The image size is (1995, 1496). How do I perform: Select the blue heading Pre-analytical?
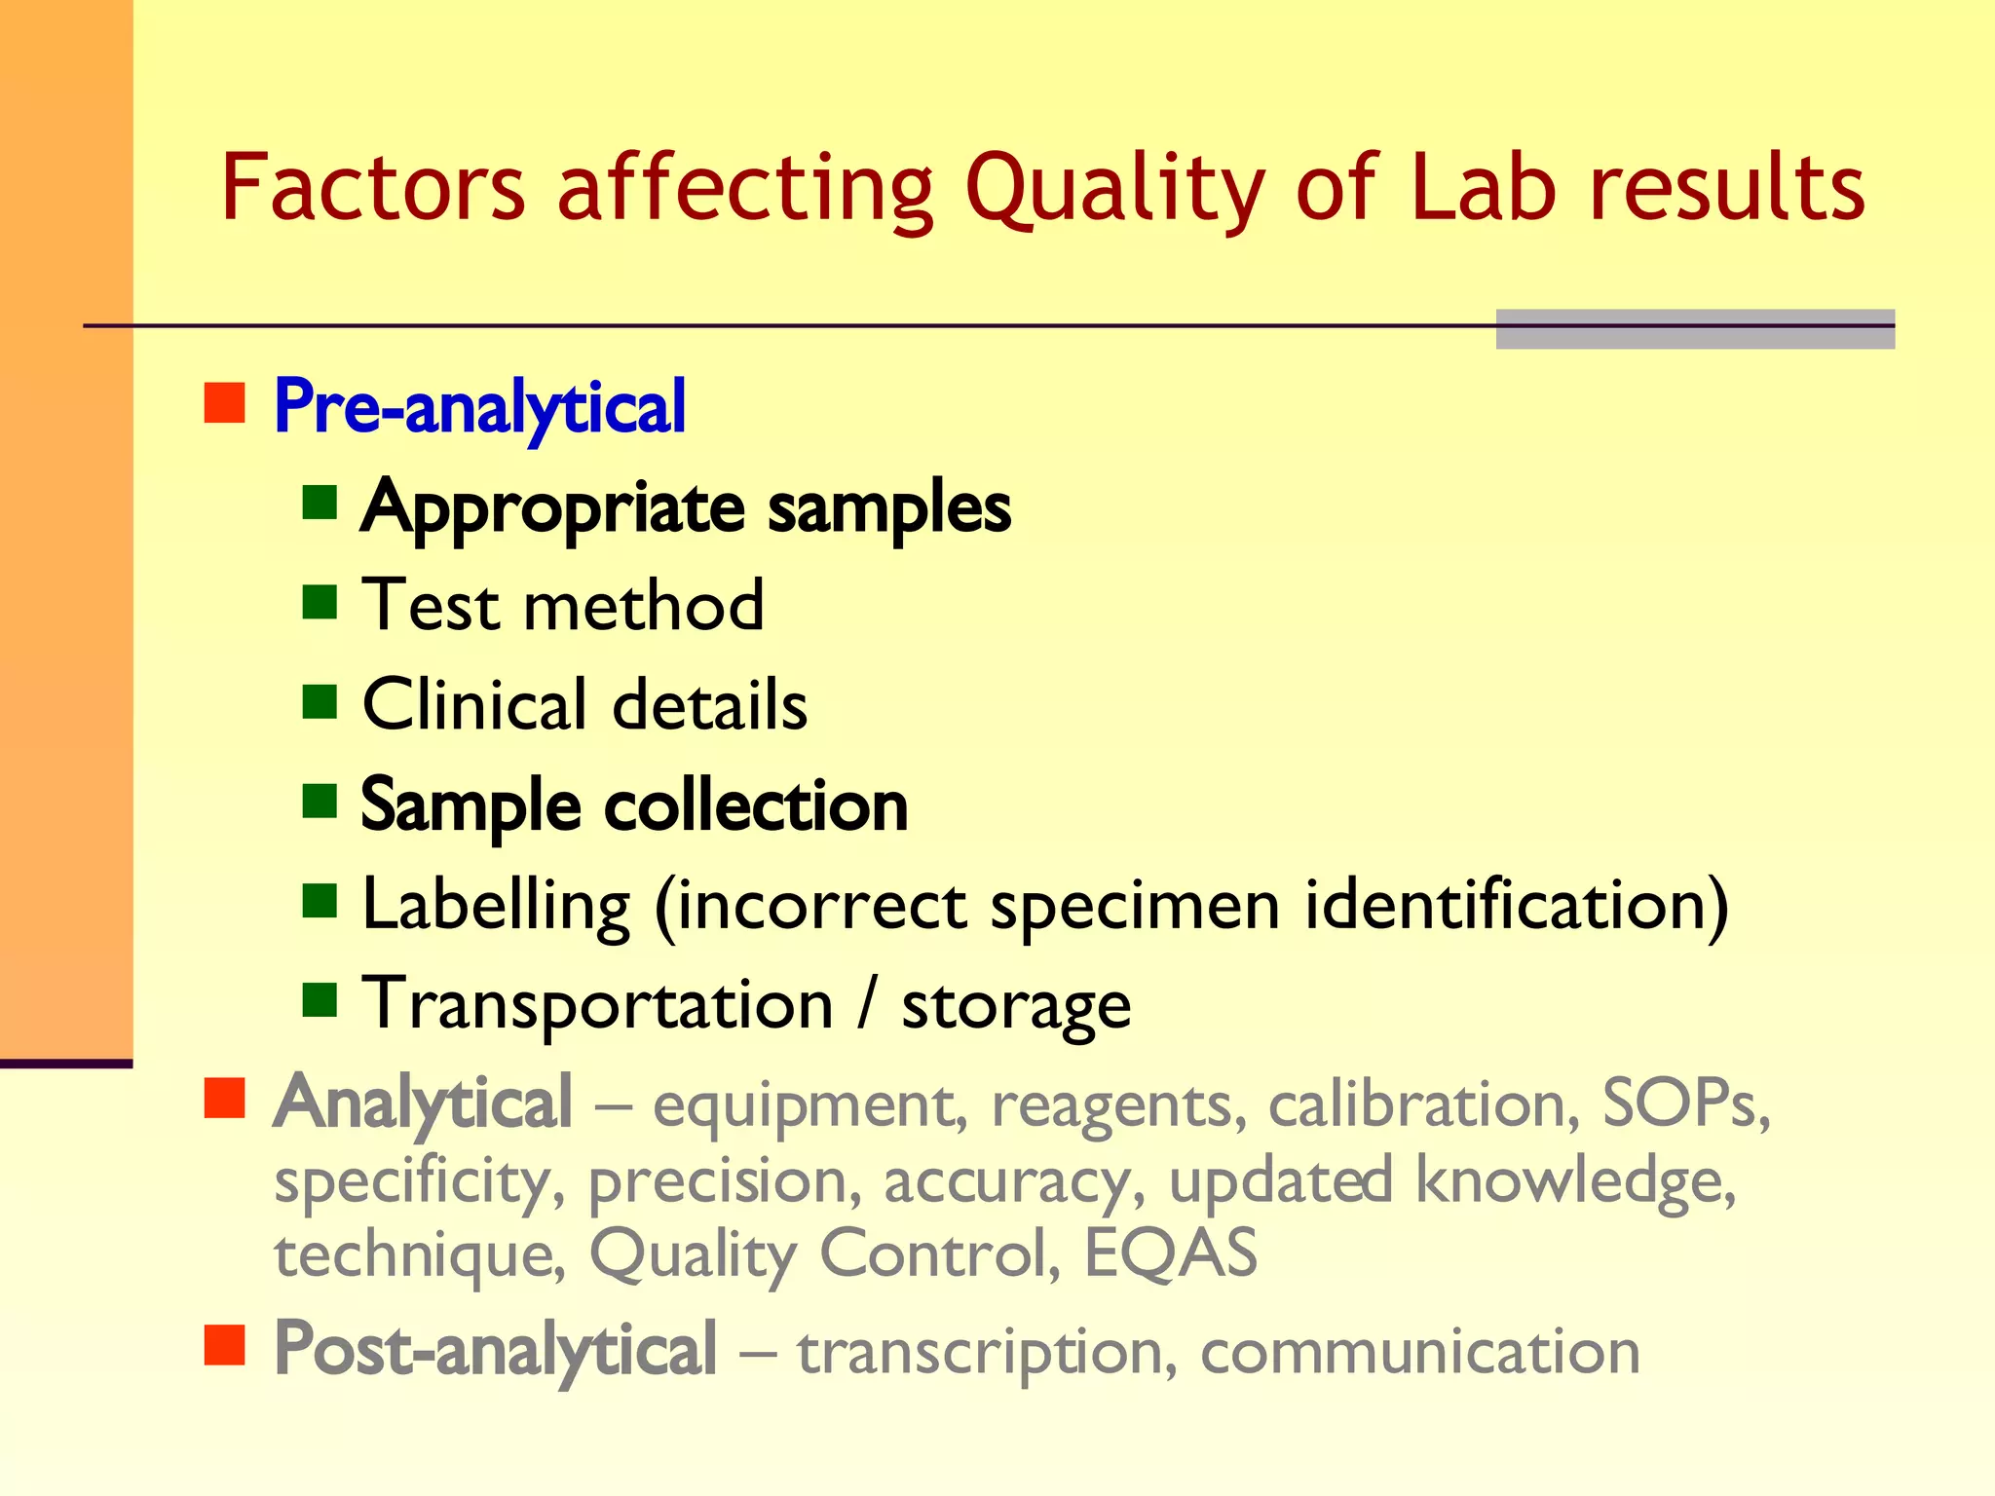(x=479, y=406)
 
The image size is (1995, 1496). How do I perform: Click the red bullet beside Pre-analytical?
(x=224, y=402)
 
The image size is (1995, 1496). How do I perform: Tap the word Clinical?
(x=474, y=704)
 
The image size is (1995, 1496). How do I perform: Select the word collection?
(x=756, y=805)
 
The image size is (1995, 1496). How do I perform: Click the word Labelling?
(x=496, y=906)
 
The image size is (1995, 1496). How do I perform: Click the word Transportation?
(x=597, y=1004)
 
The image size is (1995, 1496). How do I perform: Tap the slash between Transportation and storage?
(x=866, y=1004)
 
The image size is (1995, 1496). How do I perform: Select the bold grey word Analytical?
(x=423, y=1103)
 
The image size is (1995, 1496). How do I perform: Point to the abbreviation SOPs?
(x=1684, y=1103)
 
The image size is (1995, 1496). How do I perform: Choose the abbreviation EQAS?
(x=1170, y=1253)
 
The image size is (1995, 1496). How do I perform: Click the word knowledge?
(x=1573, y=1179)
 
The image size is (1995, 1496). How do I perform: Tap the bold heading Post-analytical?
(x=495, y=1350)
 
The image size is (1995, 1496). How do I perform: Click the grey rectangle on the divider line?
(x=1695, y=329)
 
